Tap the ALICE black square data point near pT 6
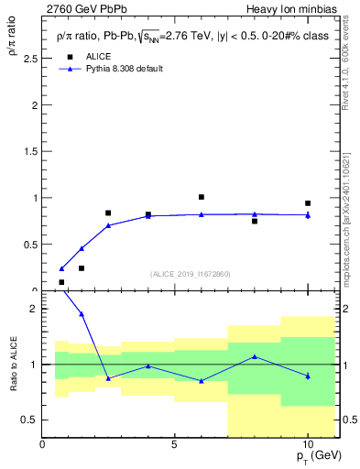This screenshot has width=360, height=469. click(x=202, y=197)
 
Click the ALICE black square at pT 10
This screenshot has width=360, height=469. click(x=308, y=203)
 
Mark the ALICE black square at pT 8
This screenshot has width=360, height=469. click(x=255, y=221)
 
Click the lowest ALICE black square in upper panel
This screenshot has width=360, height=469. click(x=61, y=282)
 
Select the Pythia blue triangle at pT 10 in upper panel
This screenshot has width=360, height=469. click(x=308, y=215)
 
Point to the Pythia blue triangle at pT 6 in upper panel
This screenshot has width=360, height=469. click(x=202, y=214)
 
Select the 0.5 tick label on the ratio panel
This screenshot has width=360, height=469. click(x=30, y=420)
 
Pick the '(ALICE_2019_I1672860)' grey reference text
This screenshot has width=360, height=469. click(x=191, y=274)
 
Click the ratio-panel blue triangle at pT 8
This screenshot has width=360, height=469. click(x=255, y=356)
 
